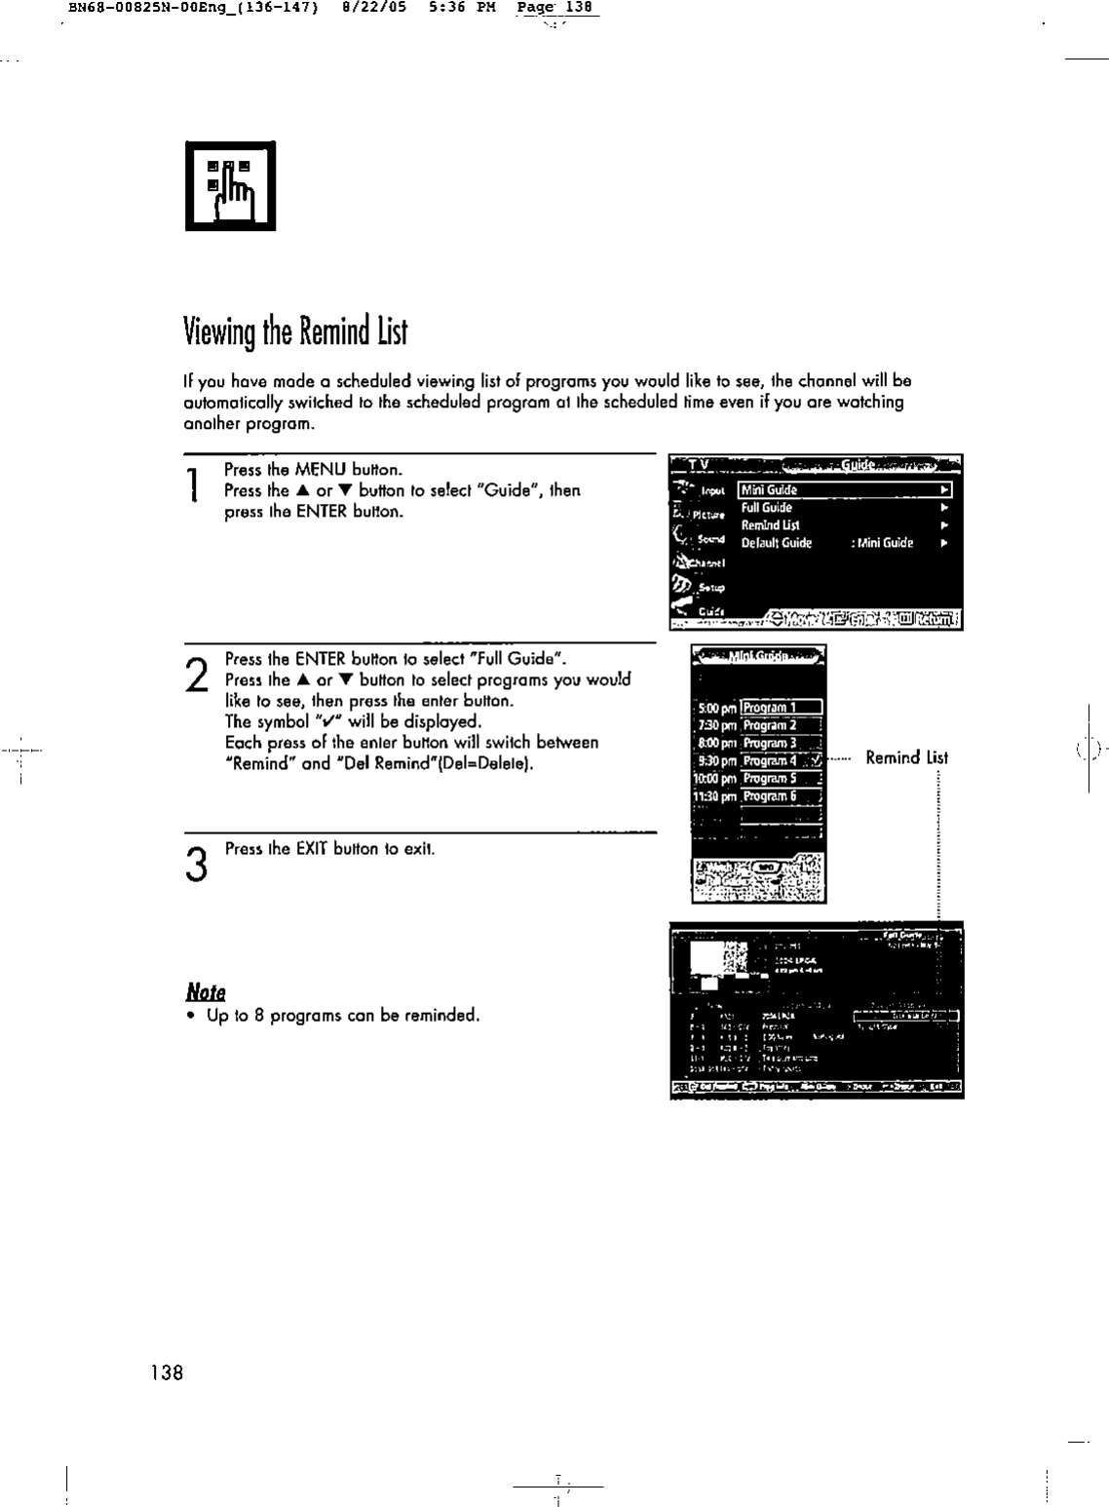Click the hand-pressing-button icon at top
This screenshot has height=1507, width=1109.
[x=231, y=185]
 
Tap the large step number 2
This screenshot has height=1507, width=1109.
[x=197, y=674]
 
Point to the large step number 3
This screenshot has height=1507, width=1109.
[x=197, y=865]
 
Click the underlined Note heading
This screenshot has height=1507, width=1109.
[x=206, y=992]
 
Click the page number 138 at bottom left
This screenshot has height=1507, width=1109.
[x=167, y=1372]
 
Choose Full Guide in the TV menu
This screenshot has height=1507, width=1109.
[x=767, y=508]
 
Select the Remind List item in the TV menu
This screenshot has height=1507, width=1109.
[x=770, y=525]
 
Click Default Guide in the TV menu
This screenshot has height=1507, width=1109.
[x=776, y=543]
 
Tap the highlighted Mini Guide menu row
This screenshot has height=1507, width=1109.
[x=844, y=490]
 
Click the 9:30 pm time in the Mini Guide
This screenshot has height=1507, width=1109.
[x=714, y=760]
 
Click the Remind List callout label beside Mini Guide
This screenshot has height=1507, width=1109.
[x=906, y=757]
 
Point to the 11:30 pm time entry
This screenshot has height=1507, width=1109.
[x=714, y=796]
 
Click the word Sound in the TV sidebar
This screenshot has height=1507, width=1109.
[x=710, y=539]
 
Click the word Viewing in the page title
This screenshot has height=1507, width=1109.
[x=219, y=332]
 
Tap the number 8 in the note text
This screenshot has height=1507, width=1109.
[x=259, y=1016]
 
